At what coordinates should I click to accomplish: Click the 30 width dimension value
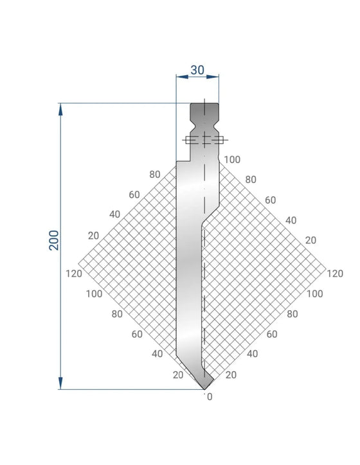(x=197, y=70)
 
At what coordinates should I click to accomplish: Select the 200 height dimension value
(x=54, y=240)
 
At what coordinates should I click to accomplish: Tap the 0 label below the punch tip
(x=210, y=397)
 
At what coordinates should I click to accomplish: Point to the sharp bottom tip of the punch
(x=204, y=389)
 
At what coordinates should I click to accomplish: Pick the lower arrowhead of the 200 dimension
(x=60, y=383)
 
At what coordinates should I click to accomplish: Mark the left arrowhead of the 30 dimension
(x=182, y=77)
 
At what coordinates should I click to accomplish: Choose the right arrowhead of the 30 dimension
(x=213, y=77)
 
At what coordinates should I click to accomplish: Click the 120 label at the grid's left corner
(x=74, y=274)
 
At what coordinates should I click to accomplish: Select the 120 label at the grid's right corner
(x=335, y=274)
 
